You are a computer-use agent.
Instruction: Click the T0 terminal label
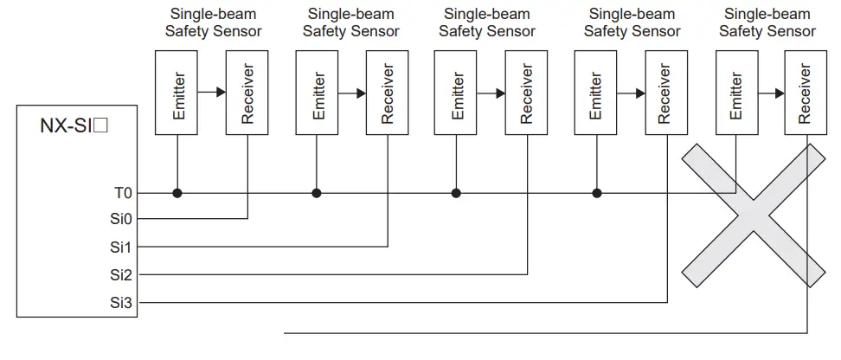pos(123,193)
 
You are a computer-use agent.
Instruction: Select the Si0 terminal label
pos(122,220)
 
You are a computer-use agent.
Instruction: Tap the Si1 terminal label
pos(122,247)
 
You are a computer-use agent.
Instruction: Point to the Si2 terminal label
pos(122,275)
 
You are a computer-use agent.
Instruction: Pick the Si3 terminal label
pos(122,303)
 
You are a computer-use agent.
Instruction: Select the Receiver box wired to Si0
pos(247,93)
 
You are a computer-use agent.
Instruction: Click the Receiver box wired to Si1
pos(388,93)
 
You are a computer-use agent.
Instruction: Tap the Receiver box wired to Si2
pos(527,93)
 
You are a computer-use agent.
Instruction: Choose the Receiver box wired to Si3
pos(665,93)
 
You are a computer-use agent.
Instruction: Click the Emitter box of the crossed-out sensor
pos(736,93)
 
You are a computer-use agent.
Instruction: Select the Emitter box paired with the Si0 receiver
pos(177,93)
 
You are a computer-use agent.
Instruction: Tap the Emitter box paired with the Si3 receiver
pos(596,93)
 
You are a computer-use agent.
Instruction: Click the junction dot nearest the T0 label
pos(177,193)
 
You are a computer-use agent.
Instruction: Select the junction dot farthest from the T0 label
pos(596,193)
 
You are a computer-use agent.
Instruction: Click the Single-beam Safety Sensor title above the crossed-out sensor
pos(767,22)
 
